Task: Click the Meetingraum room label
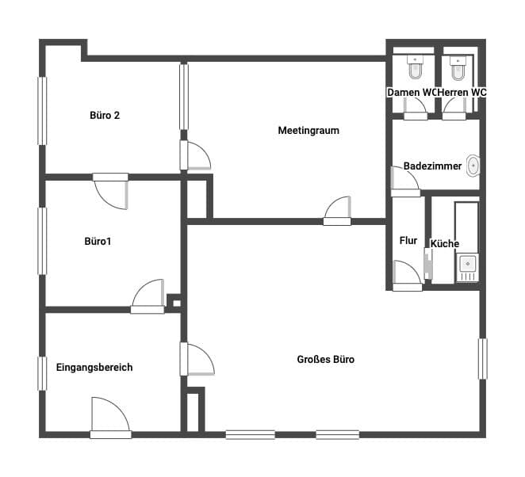308,130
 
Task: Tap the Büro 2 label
105,116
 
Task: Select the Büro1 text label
98,241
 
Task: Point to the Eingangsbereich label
94,368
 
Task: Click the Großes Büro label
325,359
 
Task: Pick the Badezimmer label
432,166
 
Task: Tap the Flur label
408,241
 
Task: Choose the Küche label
445,243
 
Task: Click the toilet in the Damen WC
416,67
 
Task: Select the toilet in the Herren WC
458,68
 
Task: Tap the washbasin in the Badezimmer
473,166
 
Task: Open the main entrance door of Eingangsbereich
110,418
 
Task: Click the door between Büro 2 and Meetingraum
195,155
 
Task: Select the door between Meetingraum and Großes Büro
337,211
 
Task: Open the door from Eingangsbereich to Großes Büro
197,359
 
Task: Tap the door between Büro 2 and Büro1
110,191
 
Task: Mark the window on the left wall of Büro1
42,241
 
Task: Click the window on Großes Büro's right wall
482,359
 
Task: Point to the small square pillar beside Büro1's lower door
174,303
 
